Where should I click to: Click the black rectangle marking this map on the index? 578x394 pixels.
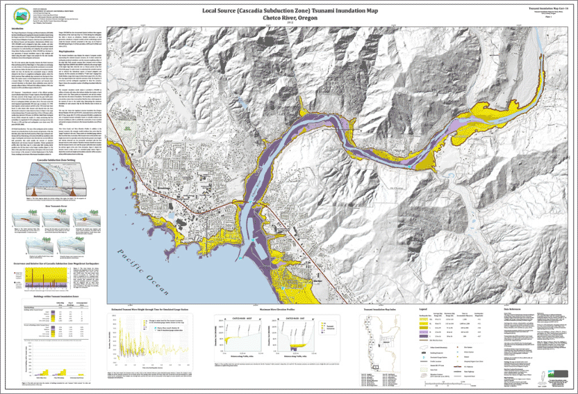tap(376, 364)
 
